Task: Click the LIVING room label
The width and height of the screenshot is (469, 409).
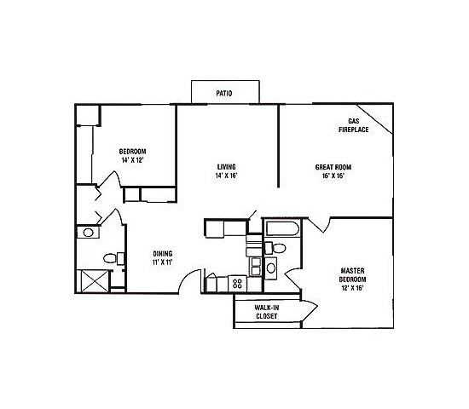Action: click(x=226, y=167)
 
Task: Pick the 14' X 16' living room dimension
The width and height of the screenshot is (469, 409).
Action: click(x=226, y=176)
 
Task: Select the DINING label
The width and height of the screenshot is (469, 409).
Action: click(x=163, y=253)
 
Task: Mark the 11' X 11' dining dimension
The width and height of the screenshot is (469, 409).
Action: click(x=163, y=262)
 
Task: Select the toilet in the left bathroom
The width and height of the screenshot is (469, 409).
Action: click(x=110, y=258)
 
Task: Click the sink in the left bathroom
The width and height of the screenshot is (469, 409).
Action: click(x=88, y=233)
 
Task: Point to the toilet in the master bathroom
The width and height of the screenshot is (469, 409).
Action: click(x=277, y=248)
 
